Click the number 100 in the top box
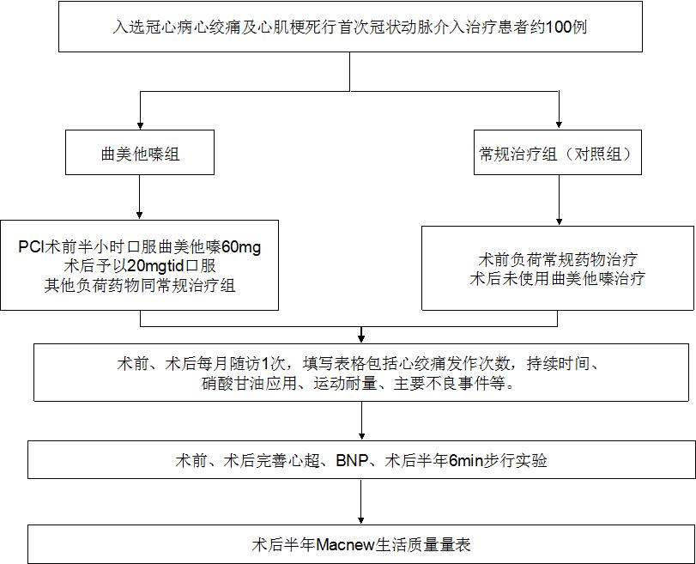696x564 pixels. [x=558, y=27]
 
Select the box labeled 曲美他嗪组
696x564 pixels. [x=140, y=152]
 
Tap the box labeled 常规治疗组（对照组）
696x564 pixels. [x=558, y=152]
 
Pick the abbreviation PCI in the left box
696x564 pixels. [x=31, y=246]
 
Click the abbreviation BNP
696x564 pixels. [x=352, y=460]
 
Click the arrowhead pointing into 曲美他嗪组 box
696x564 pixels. [x=140, y=125]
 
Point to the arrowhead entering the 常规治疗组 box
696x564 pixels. [x=559, y=124]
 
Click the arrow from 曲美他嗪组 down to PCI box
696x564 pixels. [x=140, y=197]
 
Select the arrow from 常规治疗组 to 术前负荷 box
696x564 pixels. [x=559, y=200]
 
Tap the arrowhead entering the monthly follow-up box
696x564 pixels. [x=361, y=338]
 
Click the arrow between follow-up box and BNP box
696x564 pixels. [x=362, y=421]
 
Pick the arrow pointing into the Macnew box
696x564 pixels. [x=360, y=502]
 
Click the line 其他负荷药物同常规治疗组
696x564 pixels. [x=140, y=285]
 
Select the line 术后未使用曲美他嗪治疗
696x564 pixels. [x=558, y=278]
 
